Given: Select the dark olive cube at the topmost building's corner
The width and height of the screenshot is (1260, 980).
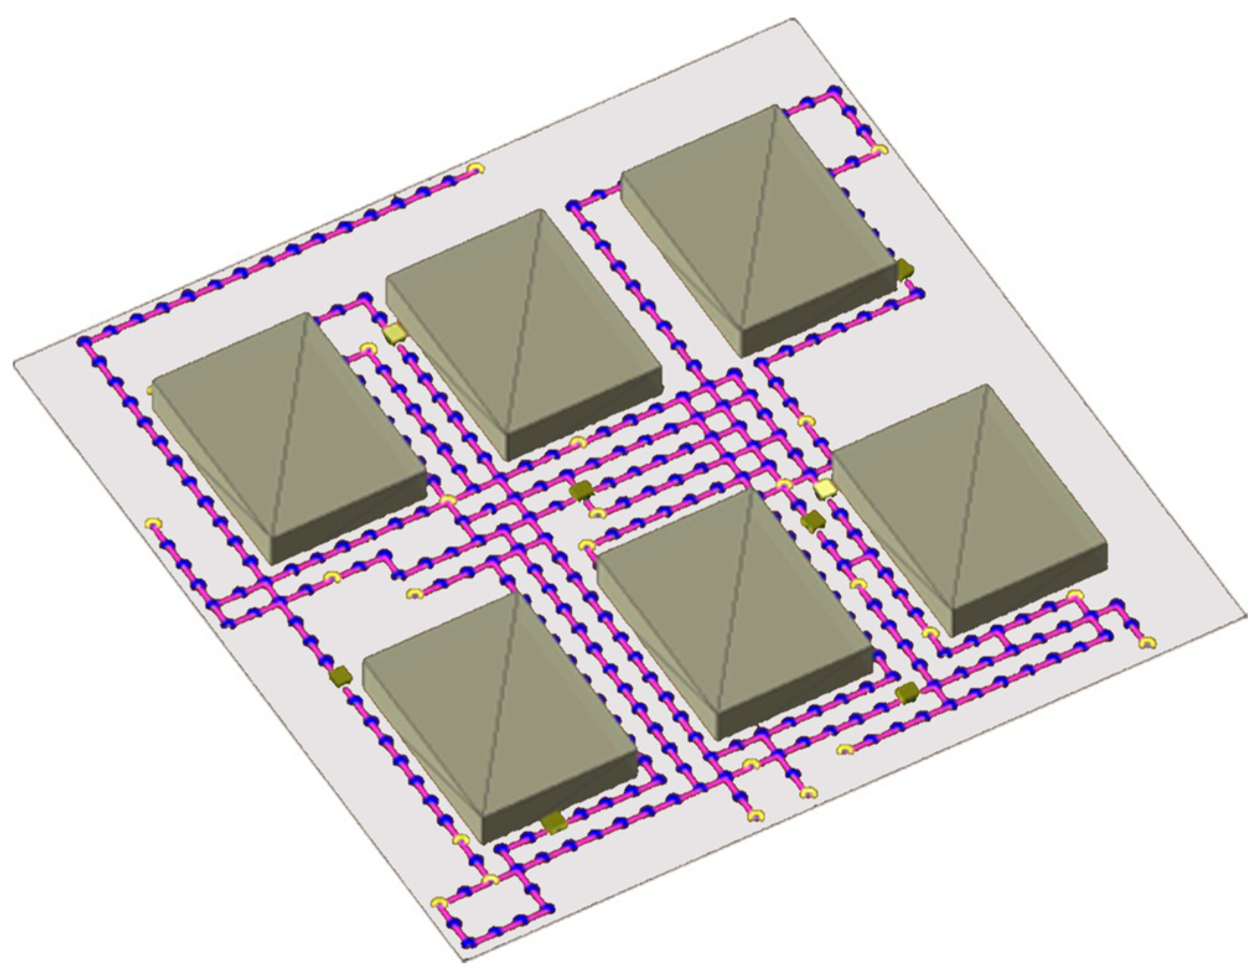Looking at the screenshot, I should (905, 268).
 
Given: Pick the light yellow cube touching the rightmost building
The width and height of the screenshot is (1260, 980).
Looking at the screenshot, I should (825, 489).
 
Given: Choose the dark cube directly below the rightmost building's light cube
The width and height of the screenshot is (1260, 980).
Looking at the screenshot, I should (810, 520).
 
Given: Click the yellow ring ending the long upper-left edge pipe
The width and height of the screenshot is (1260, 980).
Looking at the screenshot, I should (475, 168).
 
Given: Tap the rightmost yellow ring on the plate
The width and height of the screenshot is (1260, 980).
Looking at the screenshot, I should (1148, 643).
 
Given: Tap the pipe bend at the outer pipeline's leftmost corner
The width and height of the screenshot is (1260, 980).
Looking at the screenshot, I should (83, 341).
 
